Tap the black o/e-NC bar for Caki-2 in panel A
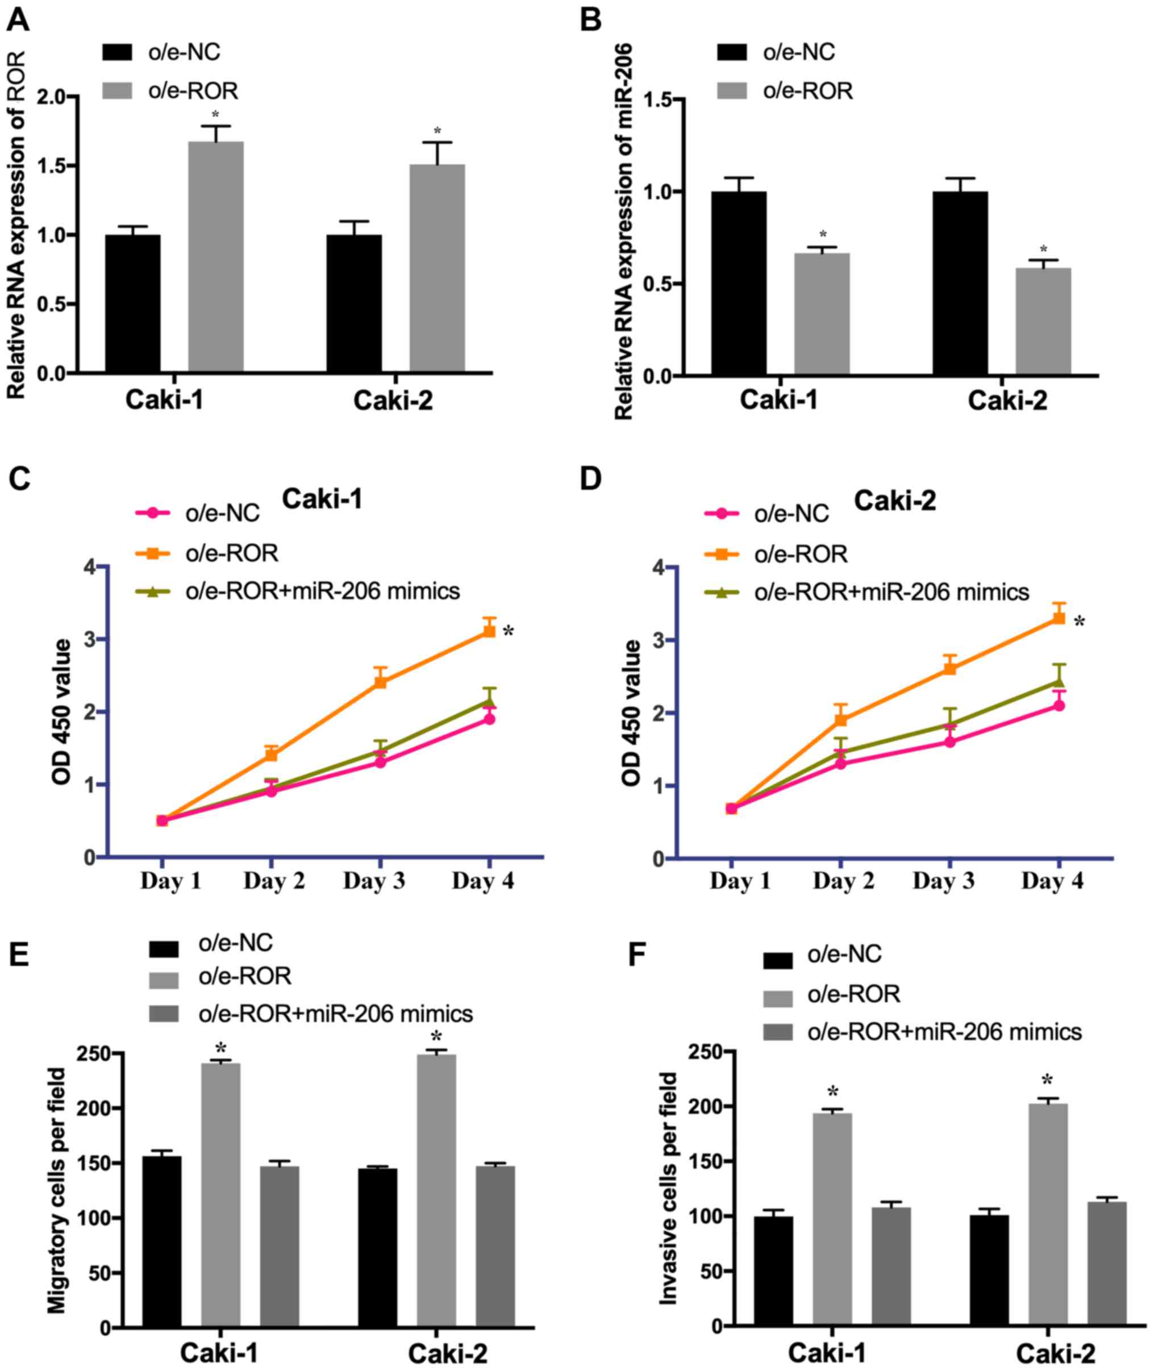point(354,303)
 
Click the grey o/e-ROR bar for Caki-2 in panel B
point(1043,321)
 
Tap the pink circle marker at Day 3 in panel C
point(380,761)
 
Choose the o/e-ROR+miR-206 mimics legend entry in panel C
point(323,591)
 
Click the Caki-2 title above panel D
point(894,501)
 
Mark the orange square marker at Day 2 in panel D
point(841,720)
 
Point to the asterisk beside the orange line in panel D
point(1080,622)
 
